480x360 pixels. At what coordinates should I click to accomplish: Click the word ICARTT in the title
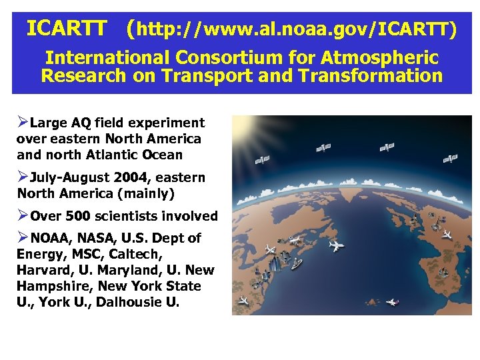(66, 29)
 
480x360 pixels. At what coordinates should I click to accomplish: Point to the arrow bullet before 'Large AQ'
(23, 123)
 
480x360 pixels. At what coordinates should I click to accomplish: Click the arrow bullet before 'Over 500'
(23, 216)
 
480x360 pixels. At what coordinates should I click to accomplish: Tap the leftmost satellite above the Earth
(263, 160)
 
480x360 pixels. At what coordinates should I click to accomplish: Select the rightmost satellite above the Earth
(450, 159)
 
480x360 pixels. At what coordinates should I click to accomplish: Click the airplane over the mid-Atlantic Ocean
(337, 246)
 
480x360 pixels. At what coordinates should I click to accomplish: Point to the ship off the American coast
(295, 264)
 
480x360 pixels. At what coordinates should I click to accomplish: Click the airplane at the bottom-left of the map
(244, 301)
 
